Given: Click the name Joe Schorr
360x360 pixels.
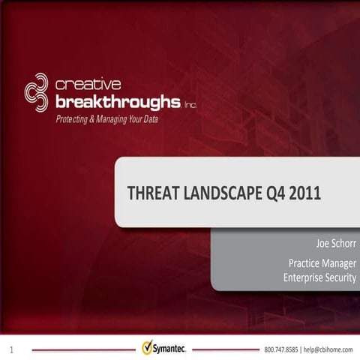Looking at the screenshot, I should click(x=336, y=244).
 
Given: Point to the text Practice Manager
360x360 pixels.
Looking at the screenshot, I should click(x=322, y=263).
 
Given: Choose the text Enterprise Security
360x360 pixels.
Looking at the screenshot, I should click(x=320, y=277).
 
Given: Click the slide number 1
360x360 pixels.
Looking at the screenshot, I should click(x=12, y=349).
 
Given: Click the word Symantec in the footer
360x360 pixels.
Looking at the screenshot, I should click(x=173, y=349).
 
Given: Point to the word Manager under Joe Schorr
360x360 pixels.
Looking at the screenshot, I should click(x=338, y=263).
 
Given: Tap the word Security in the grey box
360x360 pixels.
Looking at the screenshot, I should click(x=339, y=277).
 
